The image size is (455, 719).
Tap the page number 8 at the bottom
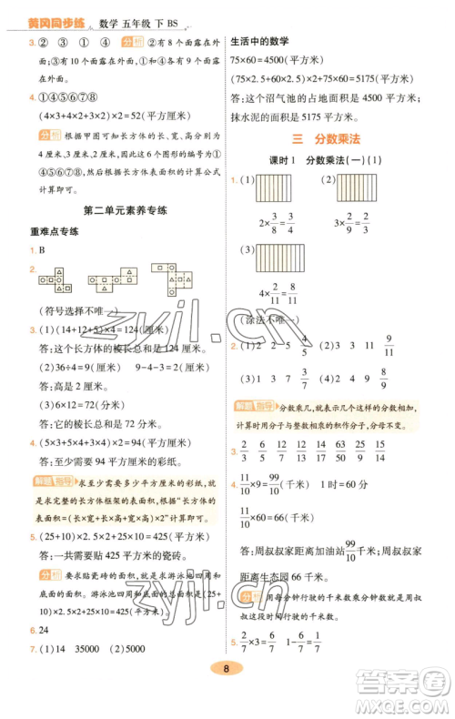[x=227, y=695]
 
